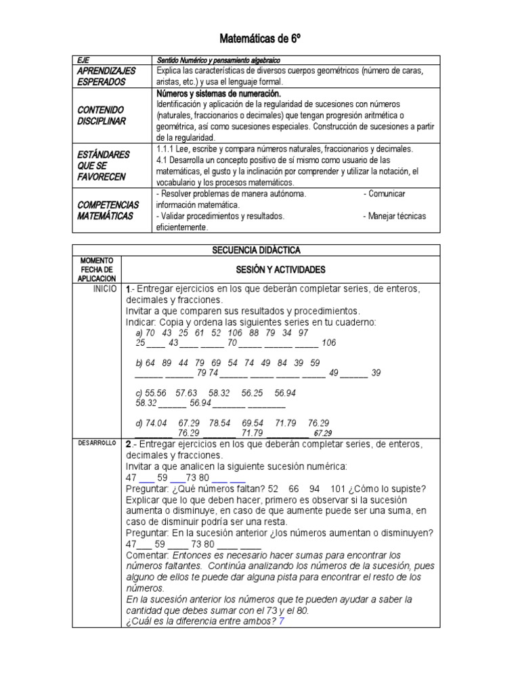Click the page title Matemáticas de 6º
tap(260, 39)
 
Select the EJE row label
tap(83, 60)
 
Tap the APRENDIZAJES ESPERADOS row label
tap(106, 76)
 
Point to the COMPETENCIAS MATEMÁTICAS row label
tap(108, 210)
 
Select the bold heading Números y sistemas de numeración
tap(218, 93)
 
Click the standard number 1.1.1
tap(167, 149)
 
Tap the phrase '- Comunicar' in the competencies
tap(384, 194)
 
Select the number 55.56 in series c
tap(156, 393)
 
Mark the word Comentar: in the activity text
tap(149, 555)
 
